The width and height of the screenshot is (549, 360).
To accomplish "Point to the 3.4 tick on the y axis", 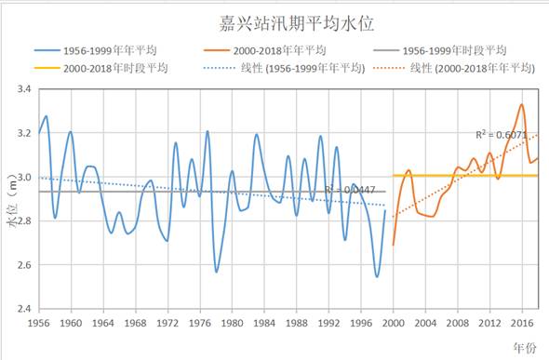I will tap(21, 89).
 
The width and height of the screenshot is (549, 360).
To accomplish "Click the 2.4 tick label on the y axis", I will tap(21, 309).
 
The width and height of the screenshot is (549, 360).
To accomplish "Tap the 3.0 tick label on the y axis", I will tap(21, 178).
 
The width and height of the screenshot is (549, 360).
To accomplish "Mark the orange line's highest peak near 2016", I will tap(522, 104).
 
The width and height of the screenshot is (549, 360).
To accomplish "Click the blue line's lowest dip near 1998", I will tap(377, 277).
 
